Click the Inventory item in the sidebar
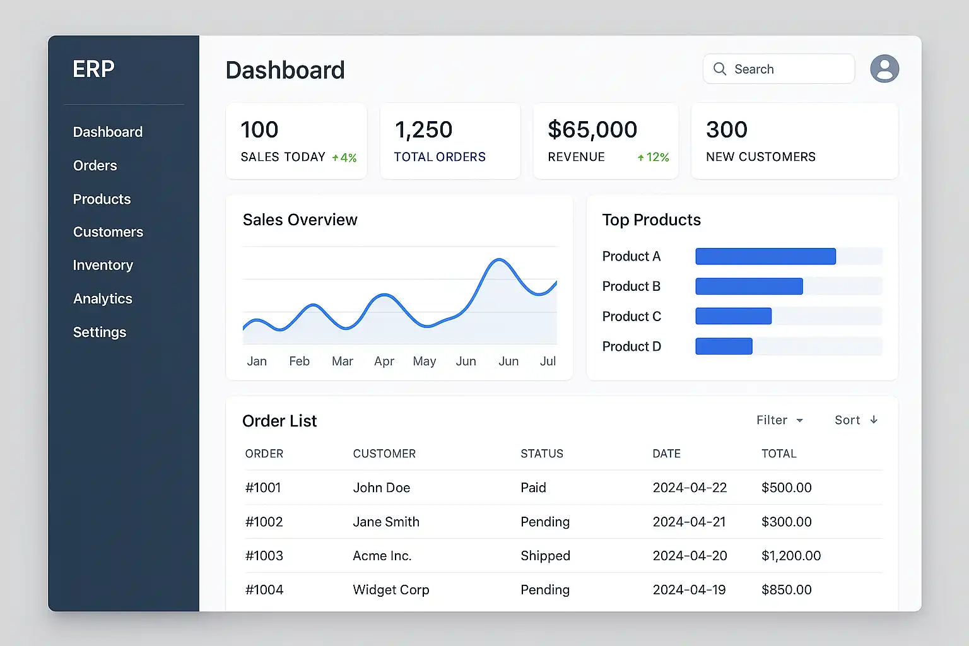(x=103, y=266)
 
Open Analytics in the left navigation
(x=103, y=299)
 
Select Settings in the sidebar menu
(x=100, y=332)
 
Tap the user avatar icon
(x=884, y=69)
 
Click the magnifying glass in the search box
(x=720, y=69)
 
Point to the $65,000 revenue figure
(x=592, y=130)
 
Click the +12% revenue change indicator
(x=654, y=157)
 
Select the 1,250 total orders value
(x=423, y=130)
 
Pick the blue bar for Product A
(x=765, y=256)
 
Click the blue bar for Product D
(x=724, y=346)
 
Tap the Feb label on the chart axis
(x=299, y=361)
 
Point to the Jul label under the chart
(x=548, y=361)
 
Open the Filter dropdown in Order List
(x=780, y=420)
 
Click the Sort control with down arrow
(x=855, y=420)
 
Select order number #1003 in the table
(x=264, y=556)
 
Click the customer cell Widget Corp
(x=391, y=590)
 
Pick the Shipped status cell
(x=545, y=556)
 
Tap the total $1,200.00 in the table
(x=791, y=556)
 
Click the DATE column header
(x=666, y=454)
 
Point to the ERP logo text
(x=93, y=69)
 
